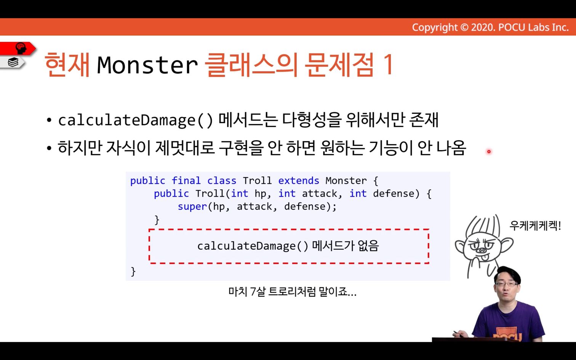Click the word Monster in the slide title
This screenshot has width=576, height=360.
(147, 65)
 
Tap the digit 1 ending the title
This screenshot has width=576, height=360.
(388, 64)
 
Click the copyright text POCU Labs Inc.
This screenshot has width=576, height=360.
(533, 27)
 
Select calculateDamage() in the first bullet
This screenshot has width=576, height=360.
(136, 120)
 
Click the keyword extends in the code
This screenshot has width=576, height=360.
(299, 181)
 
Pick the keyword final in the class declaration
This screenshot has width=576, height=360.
(186, 181)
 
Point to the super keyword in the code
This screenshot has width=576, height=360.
(192, 206)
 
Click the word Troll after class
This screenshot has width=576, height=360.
(257, 181)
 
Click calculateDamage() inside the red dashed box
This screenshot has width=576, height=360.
(253, 246)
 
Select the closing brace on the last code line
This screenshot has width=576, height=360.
(133, 272)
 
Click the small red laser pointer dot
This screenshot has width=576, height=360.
(489, 152)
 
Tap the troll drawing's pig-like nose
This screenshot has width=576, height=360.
(482, 250)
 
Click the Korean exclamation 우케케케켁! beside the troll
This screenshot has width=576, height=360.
(535, 226)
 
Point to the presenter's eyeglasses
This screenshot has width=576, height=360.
(507, 284)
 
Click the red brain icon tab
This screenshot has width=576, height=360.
(18, 48)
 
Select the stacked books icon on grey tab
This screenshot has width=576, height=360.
(13, 62)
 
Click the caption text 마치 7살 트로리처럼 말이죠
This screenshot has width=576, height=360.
(292, 291)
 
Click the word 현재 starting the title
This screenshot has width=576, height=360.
(67, 64)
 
